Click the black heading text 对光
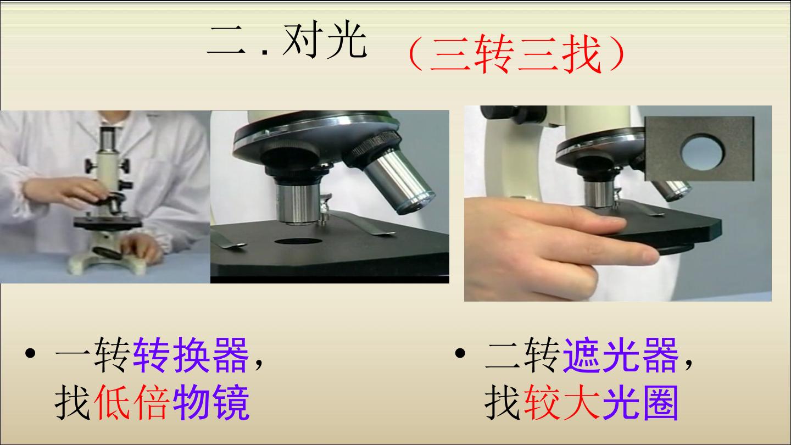click(325, 40)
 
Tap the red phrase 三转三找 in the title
click(515, 54)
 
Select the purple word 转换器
click(191, 354)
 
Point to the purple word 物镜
click(211, 402)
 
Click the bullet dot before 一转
click(30, 353)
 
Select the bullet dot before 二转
click(460, 353)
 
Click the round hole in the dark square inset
click(702, 152)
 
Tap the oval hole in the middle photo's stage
click(298, 242)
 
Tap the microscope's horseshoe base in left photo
click(106, 262)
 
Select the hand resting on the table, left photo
click(141, 247)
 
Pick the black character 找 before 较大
click(503, 402)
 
